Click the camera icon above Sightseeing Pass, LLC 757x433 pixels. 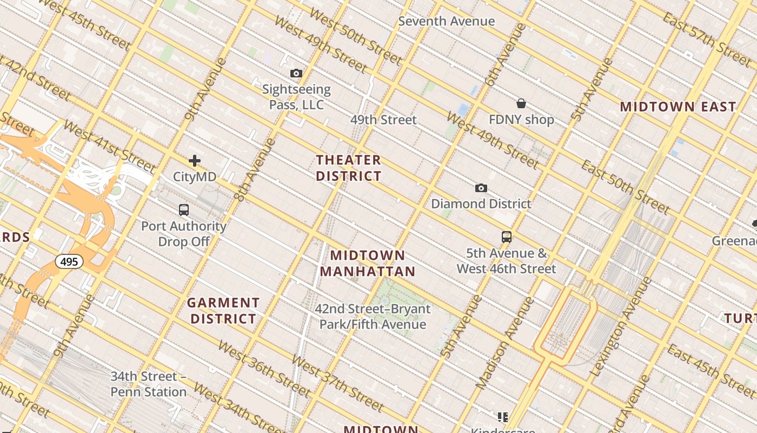296,74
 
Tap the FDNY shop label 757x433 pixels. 521,120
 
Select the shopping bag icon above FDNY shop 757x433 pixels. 521,103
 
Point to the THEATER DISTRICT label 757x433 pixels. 349,168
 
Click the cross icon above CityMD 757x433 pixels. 195,161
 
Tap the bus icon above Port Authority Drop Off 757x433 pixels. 184,210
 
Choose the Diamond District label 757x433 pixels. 481,204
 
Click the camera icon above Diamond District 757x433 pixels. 481,188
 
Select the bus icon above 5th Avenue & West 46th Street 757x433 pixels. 507,237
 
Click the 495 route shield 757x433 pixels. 69,262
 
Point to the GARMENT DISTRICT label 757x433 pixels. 223,311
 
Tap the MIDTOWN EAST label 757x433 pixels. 678,107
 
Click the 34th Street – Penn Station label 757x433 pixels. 149,384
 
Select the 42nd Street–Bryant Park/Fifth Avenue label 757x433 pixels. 373,317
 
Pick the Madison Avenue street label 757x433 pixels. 497,343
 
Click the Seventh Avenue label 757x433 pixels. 447,21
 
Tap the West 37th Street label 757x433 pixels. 337,382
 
